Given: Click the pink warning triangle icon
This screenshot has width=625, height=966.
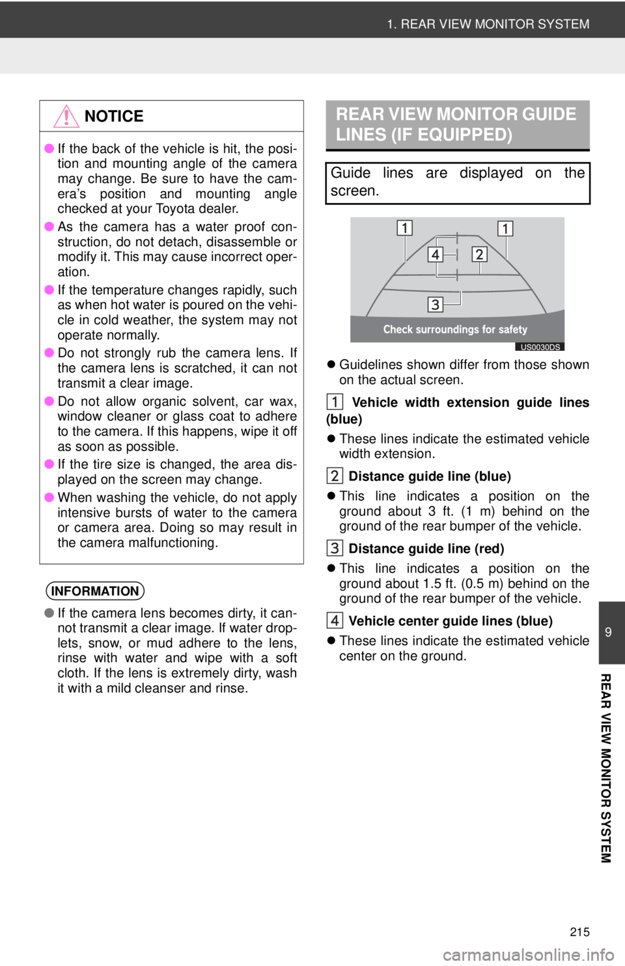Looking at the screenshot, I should tap(66, 116).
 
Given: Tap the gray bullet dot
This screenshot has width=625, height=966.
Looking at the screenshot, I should tap(49, 613).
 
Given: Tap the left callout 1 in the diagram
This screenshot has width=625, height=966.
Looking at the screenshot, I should tap(404, 228).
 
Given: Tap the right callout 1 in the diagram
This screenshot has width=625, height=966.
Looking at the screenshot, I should tap(505, 228).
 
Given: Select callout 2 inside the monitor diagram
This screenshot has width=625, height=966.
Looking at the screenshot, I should tap(479, 254).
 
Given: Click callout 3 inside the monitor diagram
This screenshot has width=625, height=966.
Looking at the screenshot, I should tap(435, 304).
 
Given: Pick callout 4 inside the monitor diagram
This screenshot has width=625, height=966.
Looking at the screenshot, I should tap(435, 254).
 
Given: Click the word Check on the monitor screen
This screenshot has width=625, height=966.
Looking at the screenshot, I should tap(398, 329).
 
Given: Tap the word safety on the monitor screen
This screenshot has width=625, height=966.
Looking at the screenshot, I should tap(514, 329).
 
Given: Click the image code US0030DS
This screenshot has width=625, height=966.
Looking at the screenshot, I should tap(540, 347).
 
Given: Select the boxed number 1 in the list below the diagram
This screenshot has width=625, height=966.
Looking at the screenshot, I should tap(335, 402).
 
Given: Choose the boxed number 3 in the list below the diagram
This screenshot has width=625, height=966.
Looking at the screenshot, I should tap(335, 548).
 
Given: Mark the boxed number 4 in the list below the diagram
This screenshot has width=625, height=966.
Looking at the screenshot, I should tap(335, 620).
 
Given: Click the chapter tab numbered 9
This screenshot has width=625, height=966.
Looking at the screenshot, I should tap(608, 632).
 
